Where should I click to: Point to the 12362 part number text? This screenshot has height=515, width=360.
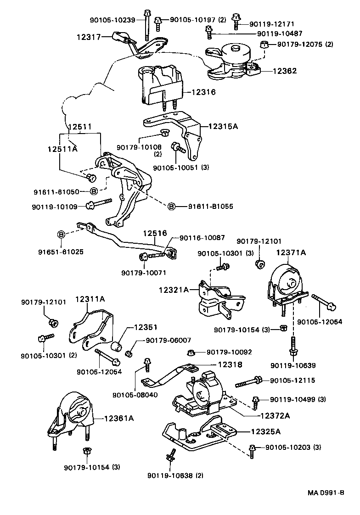(285, 71)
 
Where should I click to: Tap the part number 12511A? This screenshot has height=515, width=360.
(62, 149)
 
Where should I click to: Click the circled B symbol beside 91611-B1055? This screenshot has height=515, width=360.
(171, 207)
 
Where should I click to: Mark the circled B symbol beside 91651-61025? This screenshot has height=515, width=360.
(61, 235)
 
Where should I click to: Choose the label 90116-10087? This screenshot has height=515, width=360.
(202, 238)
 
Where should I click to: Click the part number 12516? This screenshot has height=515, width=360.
(154, 234)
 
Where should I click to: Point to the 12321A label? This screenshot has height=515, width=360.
(174, 290)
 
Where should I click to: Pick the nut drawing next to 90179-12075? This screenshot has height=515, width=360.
(264, 45)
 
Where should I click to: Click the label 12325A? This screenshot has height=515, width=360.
(265, 431)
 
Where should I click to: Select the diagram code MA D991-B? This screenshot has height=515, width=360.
(326, 493)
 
